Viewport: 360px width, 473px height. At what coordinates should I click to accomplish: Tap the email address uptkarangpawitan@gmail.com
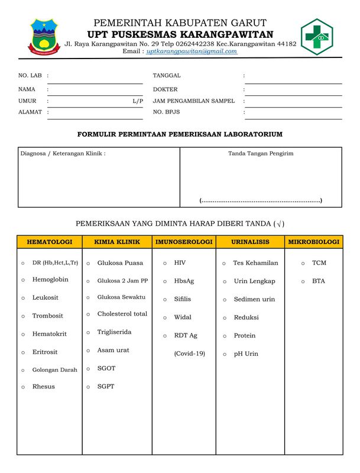coord(192,51)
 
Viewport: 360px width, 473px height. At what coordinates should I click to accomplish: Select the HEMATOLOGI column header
coord(50,242)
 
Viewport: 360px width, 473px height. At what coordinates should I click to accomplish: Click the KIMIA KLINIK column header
coord(117,242)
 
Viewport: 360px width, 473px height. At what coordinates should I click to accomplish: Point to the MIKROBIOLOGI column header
coord(313,242)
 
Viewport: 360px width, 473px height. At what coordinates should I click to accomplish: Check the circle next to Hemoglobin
coord(23,280)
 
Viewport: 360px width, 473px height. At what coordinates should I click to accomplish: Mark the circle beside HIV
coord(164,263)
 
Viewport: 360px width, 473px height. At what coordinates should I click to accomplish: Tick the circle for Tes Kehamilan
coord(224,264)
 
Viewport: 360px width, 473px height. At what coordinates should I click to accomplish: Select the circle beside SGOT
coord(88,369)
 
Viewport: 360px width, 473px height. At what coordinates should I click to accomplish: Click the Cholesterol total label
coord(122,314)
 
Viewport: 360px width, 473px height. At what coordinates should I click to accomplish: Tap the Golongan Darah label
coord(54,370)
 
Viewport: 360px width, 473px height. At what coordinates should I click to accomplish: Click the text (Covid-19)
coord(189,354)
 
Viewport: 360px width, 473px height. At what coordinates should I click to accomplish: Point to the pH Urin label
coord(246,354)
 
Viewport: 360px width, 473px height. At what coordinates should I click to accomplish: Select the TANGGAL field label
coord(167,76)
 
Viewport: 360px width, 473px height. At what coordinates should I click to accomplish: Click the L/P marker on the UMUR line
coord(138,101)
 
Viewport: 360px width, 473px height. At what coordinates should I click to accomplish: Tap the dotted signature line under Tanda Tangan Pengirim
coord(261,200)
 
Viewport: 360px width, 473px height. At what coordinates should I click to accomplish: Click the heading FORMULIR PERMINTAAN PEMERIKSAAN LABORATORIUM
coord(180,134)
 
